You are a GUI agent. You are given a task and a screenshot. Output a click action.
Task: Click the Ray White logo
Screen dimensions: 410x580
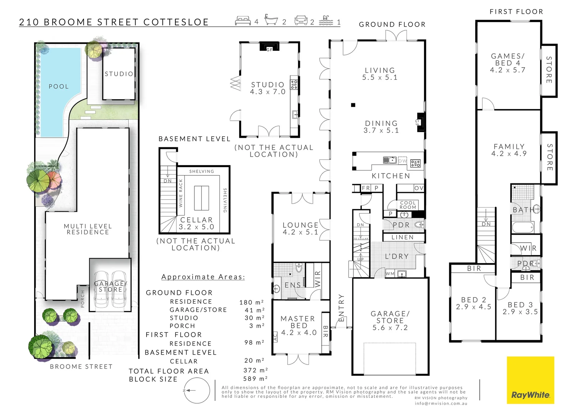click(x=530, y=380)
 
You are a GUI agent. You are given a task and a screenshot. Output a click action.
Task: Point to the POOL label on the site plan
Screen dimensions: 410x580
click(x=59, y=87)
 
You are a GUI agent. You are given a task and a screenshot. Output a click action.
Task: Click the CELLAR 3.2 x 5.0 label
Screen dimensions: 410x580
click(x=197, y=223)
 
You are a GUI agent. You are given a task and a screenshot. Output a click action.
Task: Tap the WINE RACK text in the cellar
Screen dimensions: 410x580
click(x=181, y=193)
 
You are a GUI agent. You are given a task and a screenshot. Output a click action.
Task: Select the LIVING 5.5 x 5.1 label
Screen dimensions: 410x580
click(x=380, y=74)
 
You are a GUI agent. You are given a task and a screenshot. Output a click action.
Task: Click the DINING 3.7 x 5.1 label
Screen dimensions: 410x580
click(x=381, y=127)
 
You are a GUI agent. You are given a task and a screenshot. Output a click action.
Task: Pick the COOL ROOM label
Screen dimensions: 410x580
click(x=408, y=205)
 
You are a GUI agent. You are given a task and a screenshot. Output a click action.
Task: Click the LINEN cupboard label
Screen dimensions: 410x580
click(x=402, y=237)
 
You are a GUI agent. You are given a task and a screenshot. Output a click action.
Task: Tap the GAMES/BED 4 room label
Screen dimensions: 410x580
click(x=507, y=63)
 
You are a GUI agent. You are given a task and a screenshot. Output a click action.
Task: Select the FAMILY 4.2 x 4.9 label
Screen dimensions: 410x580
click(x=509, y=150)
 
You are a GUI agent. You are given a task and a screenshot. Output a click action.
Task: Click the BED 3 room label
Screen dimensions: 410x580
click(x=520, y=308)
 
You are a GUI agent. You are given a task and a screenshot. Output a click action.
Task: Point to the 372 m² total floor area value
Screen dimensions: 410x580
click(x=255, y=370)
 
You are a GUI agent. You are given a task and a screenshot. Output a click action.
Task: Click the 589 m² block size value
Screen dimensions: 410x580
click(x=255, y=378)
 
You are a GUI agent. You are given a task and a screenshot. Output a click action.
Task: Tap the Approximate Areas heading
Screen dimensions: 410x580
click(x=203, y=277)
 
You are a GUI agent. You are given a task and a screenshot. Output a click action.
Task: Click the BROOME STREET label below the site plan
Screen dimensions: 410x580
click(x=81, y=367)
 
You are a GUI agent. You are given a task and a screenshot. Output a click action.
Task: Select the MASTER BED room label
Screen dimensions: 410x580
click(x=298, y=325)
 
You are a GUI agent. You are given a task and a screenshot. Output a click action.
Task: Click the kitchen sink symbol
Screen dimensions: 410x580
click(x=389, y=160)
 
